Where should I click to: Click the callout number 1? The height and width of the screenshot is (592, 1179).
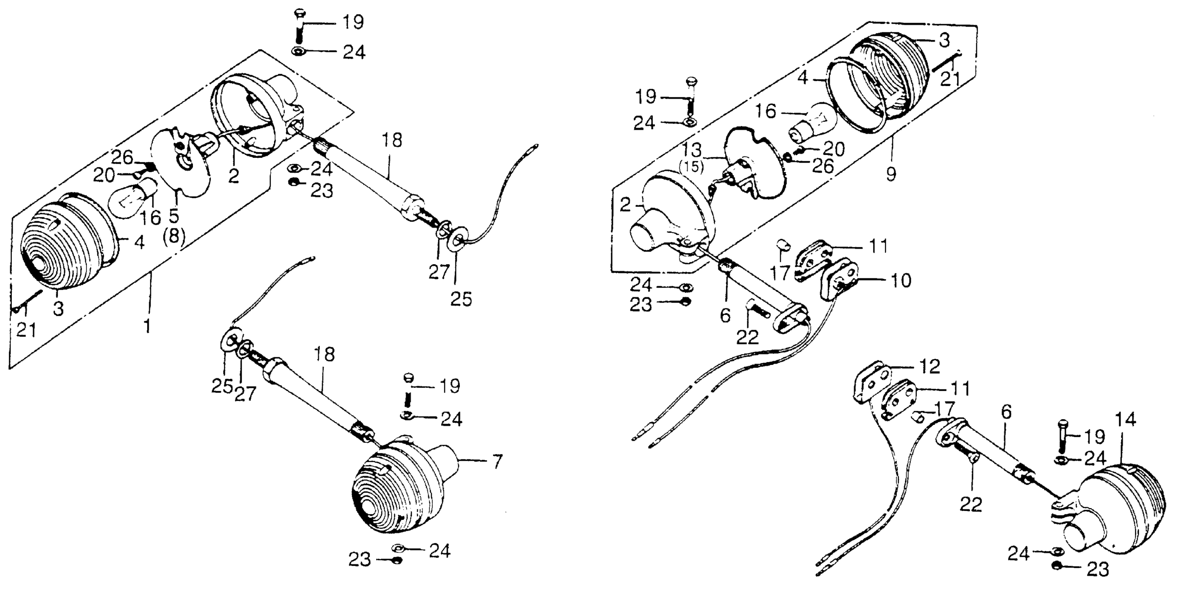click(147, 326)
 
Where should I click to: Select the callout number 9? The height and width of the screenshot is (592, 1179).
click(890, 174)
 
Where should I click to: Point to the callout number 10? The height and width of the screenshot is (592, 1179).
click(900, 280)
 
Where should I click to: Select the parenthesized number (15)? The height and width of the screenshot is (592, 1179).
click(691, 167)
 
